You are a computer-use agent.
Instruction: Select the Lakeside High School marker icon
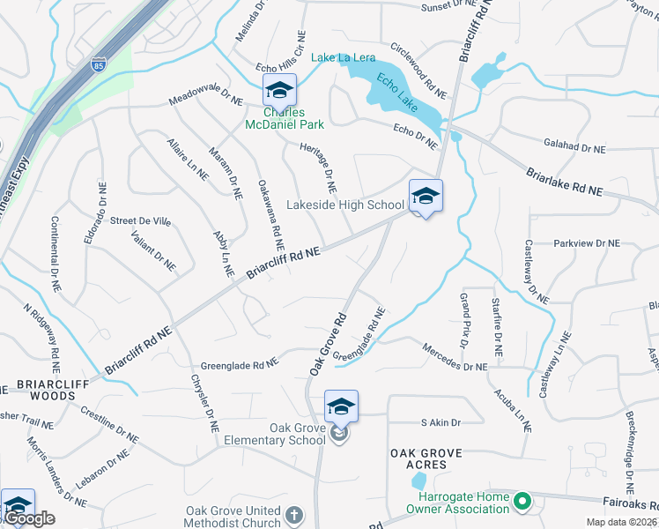426,197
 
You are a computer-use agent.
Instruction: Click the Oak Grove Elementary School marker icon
341,407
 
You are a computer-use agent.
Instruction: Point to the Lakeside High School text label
345,205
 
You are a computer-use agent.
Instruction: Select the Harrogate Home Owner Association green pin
522,503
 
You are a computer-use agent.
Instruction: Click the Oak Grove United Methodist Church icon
294,516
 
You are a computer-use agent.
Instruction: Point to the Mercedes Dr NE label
455,356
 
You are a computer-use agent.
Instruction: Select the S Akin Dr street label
441,423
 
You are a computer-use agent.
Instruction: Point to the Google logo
29,519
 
